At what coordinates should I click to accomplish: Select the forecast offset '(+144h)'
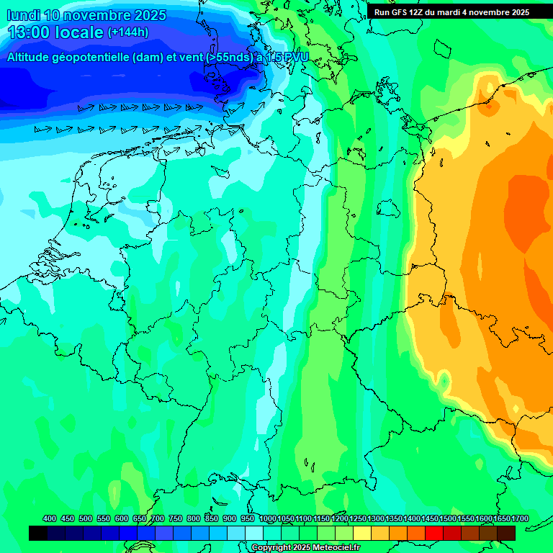[x=128, y=32]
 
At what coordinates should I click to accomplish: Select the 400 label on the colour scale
[x=50, y=518]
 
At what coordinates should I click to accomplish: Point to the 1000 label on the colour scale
[x=268, y=518]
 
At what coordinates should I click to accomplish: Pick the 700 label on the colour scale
[x=158, y=518]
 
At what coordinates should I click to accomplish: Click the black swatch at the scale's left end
[x=38, y=533]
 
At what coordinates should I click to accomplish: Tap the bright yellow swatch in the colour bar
[x=362, y=533]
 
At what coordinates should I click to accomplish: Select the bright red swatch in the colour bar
[x=434, y=533]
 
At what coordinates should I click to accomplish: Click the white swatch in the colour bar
[x=254, y=533]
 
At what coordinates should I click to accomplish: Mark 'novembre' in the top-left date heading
[x=98, y=15]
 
